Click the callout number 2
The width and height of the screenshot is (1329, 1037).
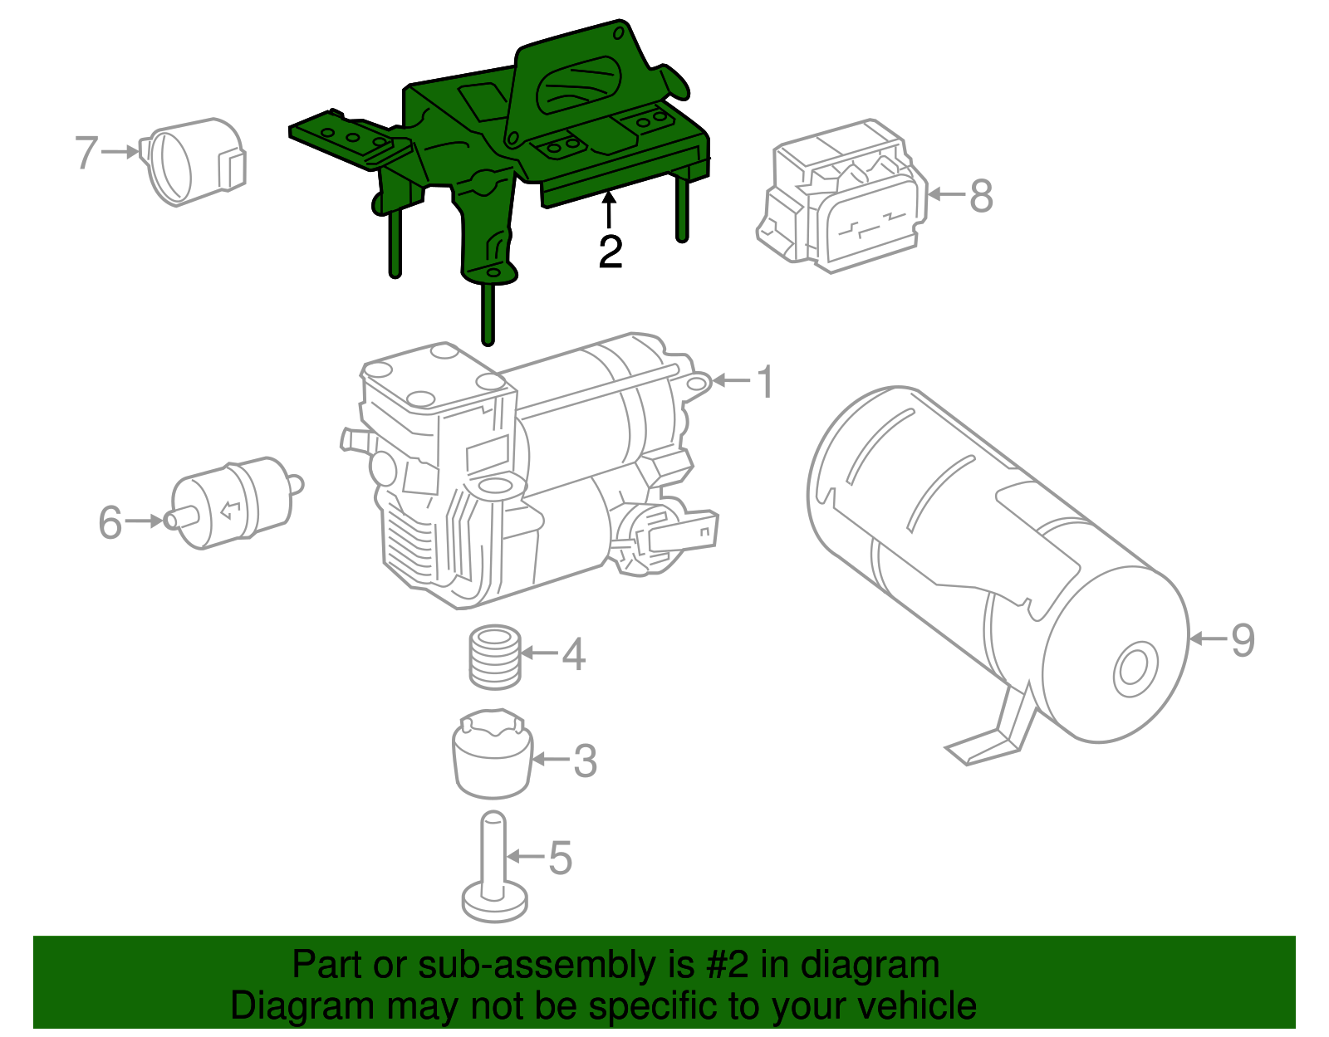pyautogui.click(x=611, y=252)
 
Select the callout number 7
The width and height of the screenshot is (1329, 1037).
pyautogui.click(x=86, y=153)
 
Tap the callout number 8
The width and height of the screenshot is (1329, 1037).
pyautogui.click(x=981, y=197)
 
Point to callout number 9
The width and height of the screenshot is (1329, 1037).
pyautogui.click(x=1243, y=640)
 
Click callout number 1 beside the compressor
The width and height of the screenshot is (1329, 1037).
pyautogui.click(x=765, y=382)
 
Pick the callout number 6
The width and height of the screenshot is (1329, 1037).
pyautogui.click(x=110, y=523)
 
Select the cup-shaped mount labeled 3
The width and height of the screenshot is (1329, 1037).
pyautogui.click(x=492, y=756)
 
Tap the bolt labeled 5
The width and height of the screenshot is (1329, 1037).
pyautogui.click(x=494, y=872)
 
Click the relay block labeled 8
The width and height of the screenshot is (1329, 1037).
pyautogui.click(x=843, y=199)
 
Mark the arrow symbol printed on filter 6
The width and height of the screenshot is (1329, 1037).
pyautogui.click(x=231, y=508)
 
